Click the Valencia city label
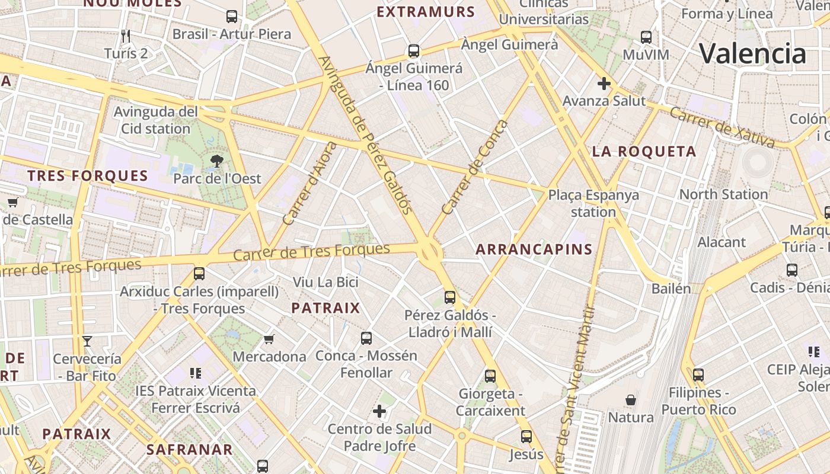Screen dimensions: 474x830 pos(752,53)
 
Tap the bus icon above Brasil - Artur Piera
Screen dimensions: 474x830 pos(232,17)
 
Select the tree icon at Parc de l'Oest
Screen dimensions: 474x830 pos(217,160)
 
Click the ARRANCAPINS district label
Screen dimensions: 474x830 pos(534,249)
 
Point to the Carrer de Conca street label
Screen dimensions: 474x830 pos(475,167)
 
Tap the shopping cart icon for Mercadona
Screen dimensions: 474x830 pos(269,339)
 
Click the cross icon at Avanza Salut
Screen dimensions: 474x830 pos(604,84)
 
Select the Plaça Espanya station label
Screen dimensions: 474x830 pos(593,203)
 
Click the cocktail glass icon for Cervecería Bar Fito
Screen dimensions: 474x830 pos(87,341)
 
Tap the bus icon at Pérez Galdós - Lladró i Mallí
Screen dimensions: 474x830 pos(450,297)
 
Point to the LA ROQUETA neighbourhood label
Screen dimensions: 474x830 pos(644,152)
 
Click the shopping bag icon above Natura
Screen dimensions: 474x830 pos(631,400)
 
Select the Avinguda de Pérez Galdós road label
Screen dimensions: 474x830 pos(365,134)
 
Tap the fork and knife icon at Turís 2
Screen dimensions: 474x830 pos(126,36)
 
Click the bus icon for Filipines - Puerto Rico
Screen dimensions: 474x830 pos(698,375)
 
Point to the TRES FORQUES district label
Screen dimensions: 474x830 pos(88,176)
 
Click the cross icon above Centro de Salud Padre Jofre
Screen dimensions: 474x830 pos(379,411)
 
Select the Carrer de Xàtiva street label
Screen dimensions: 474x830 pos(722,127)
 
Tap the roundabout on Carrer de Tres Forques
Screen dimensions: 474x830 pos(430,252)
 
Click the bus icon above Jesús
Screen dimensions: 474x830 pos(526,437)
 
